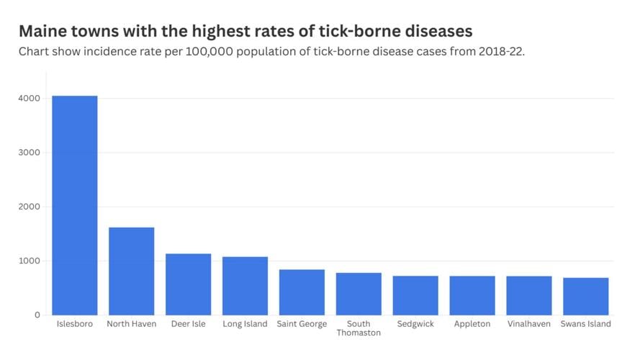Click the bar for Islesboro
(x=74, y=205)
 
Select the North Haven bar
(x=131, y=271)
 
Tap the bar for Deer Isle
(x=188, y=284)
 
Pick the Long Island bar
(x=245, y=286)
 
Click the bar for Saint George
(x=302, y=292)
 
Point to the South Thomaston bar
(x=359, y=294)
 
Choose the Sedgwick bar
(x=415, y=295)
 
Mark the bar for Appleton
(x=472, y=295)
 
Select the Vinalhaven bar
(x=529, y=295)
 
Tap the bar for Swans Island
(x=585, y=296)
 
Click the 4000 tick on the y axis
(x=30, y=99)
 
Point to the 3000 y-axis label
(x=30, y=153)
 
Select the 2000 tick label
(x=30, y=207)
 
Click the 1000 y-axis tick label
(x=30, y=261)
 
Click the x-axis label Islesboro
(x=74, y=324)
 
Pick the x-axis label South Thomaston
(x=359, y=328)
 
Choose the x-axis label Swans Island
(x=585, y=324)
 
